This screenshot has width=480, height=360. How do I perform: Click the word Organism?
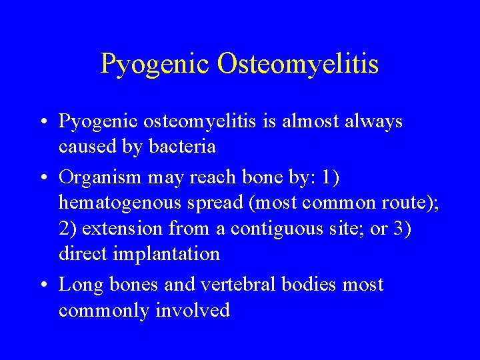99,177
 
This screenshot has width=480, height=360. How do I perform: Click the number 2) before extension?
67,228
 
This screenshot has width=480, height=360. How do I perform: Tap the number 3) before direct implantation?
402,228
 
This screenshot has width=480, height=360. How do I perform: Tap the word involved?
193,310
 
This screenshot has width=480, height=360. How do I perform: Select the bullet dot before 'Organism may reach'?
43,179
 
